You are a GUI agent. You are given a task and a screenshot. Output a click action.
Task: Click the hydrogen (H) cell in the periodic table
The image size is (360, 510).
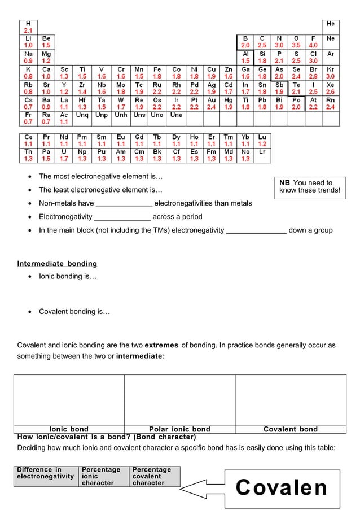(28, 27)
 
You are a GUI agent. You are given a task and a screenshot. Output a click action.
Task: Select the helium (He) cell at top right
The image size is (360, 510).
(331, 27)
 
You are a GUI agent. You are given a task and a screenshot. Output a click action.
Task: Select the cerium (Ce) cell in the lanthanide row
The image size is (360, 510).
(28, 141)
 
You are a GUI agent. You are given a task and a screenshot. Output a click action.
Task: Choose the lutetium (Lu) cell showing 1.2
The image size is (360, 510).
(262, 141)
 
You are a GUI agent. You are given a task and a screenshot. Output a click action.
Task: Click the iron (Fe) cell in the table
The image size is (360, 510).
(157, 72)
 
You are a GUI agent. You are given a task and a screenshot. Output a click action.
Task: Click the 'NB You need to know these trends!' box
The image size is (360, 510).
(310, 186)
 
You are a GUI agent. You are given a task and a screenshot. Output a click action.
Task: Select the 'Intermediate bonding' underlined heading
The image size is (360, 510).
(57, 264)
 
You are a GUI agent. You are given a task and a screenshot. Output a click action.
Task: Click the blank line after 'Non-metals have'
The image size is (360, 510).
(124, 204)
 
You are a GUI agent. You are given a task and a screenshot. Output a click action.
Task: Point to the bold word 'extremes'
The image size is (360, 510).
(162, 345)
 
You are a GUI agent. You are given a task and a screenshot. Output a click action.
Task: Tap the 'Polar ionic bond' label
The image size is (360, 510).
(179, 429)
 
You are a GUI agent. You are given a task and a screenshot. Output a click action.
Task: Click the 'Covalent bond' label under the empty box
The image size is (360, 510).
(290, 429)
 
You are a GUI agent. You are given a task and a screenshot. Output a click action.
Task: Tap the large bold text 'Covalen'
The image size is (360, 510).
(281, 487)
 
